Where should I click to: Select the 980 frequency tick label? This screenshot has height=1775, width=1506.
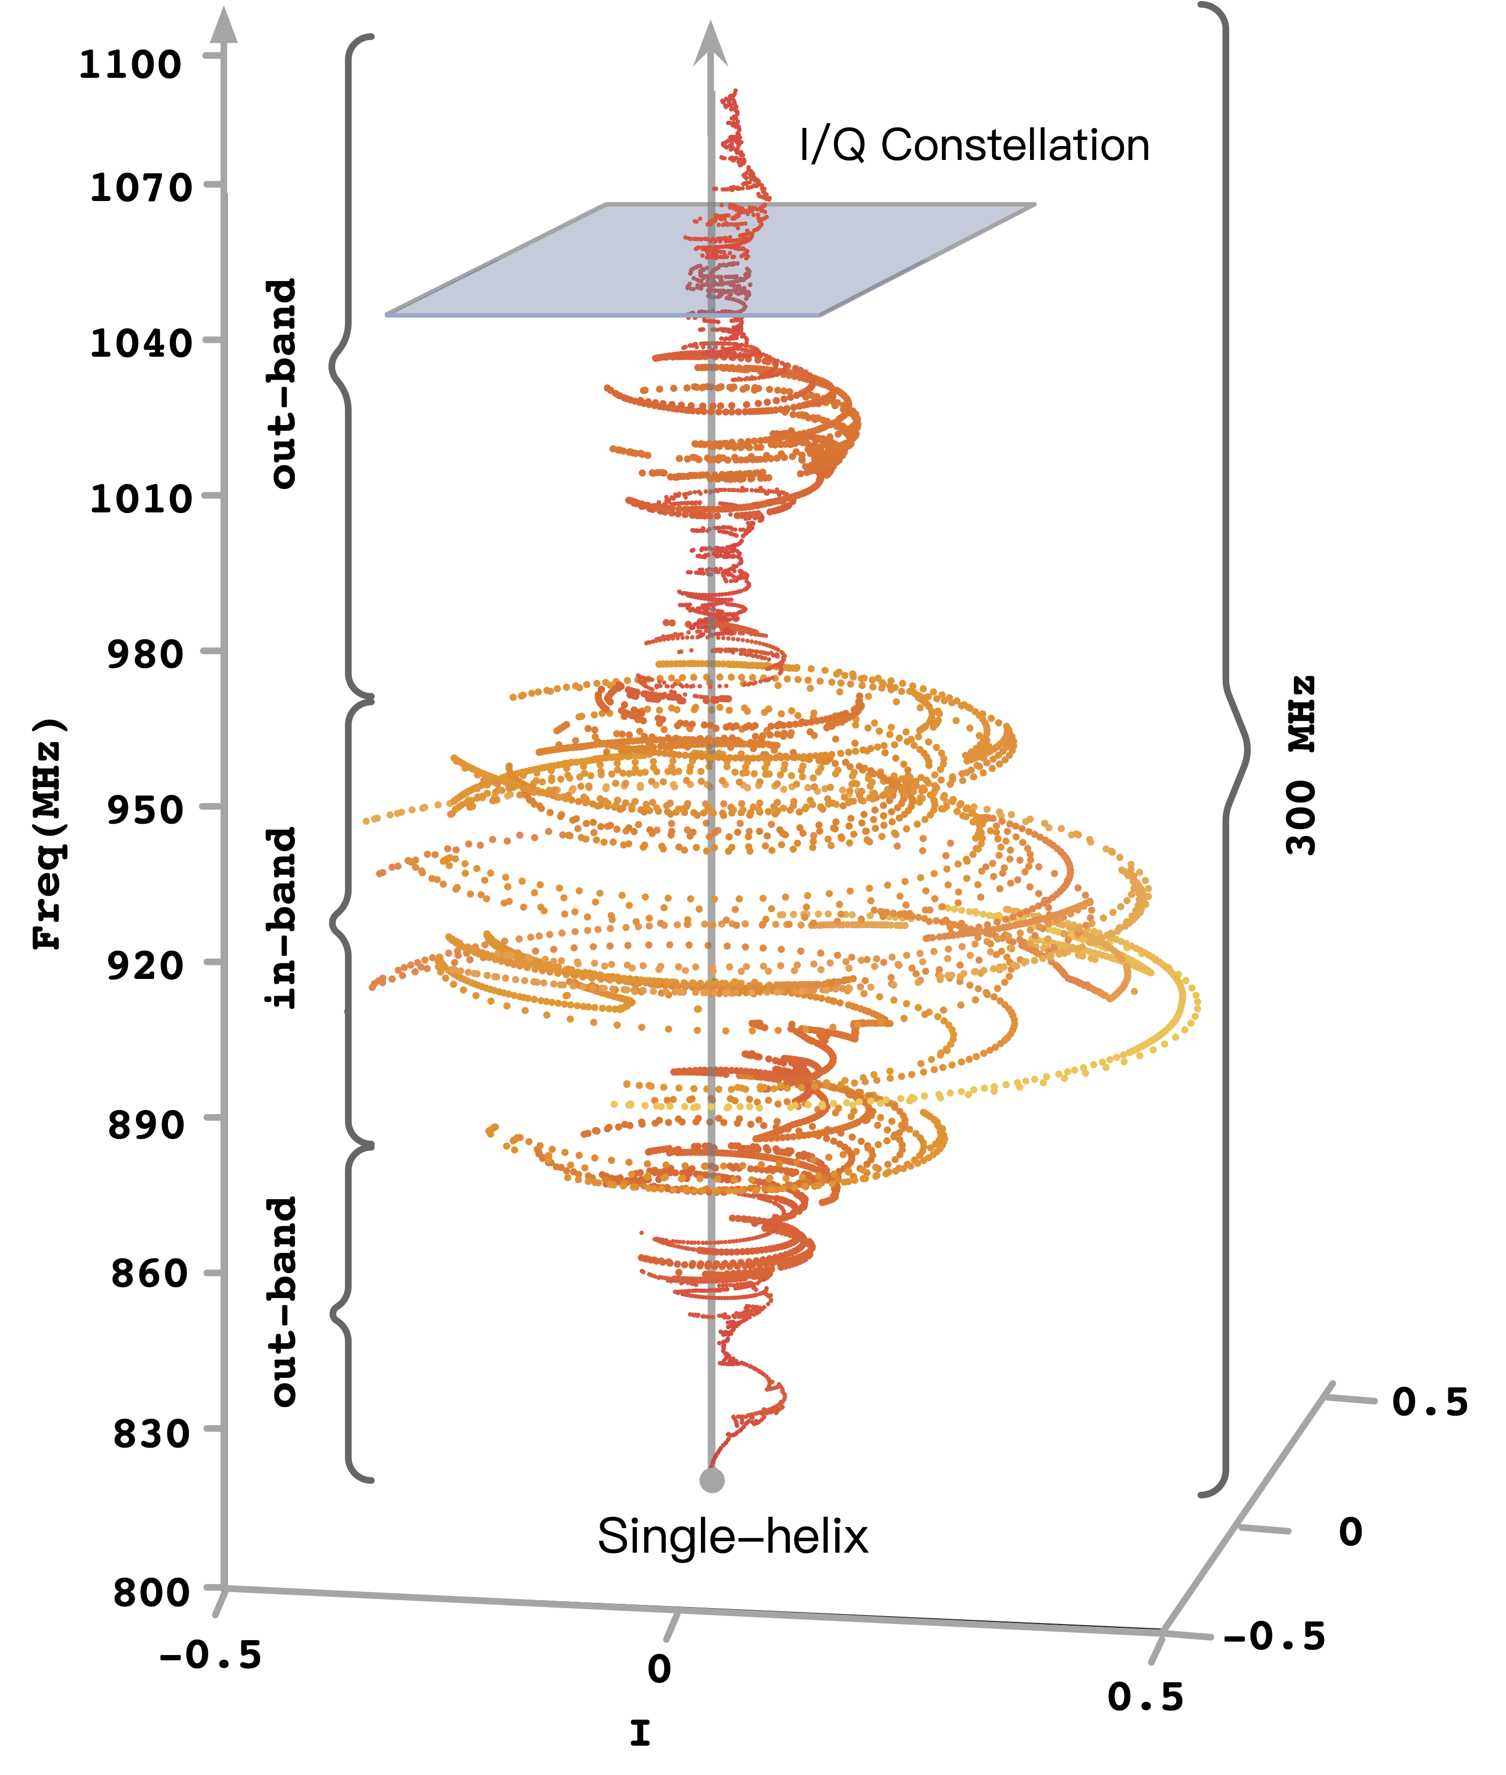coord(145,655)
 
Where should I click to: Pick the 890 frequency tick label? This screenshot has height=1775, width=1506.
coord(145,1125)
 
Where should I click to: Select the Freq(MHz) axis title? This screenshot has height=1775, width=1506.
coord(49,833)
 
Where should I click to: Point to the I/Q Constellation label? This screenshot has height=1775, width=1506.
coord(973,145)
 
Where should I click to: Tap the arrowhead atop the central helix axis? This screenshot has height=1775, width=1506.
coord(710,44)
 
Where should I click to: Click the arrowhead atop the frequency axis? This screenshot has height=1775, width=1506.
coord(224,26)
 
